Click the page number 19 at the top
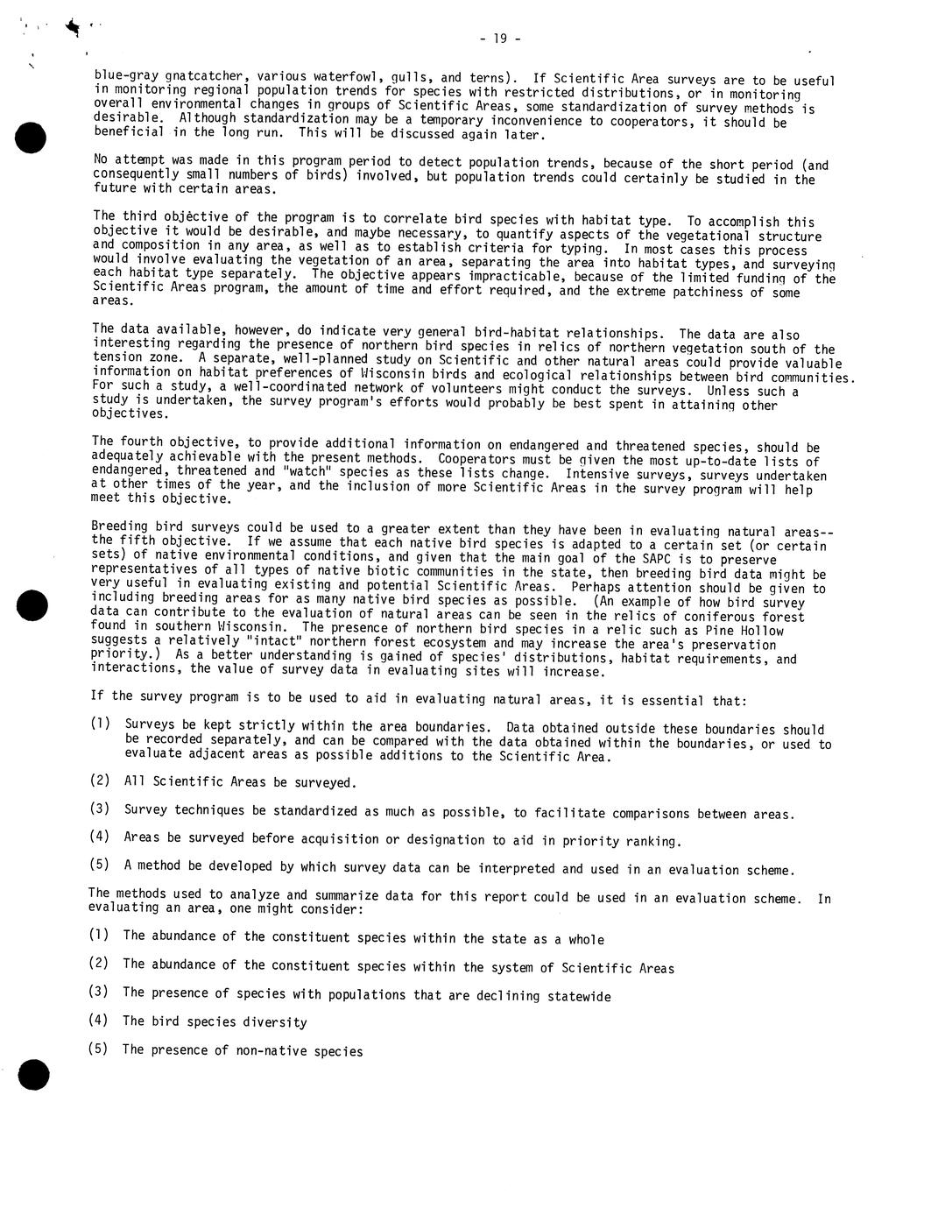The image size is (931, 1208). tap(500, 39)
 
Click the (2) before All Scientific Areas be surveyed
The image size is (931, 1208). tap(100, 781)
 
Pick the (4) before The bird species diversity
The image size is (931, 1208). tap(98, 1021)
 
